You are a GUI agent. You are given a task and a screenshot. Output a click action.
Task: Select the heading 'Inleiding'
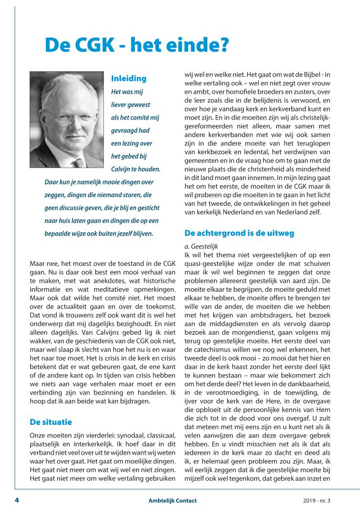129,78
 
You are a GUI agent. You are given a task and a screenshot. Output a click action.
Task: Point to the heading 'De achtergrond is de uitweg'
239,233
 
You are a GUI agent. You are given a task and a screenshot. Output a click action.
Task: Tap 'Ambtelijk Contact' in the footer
173,501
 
